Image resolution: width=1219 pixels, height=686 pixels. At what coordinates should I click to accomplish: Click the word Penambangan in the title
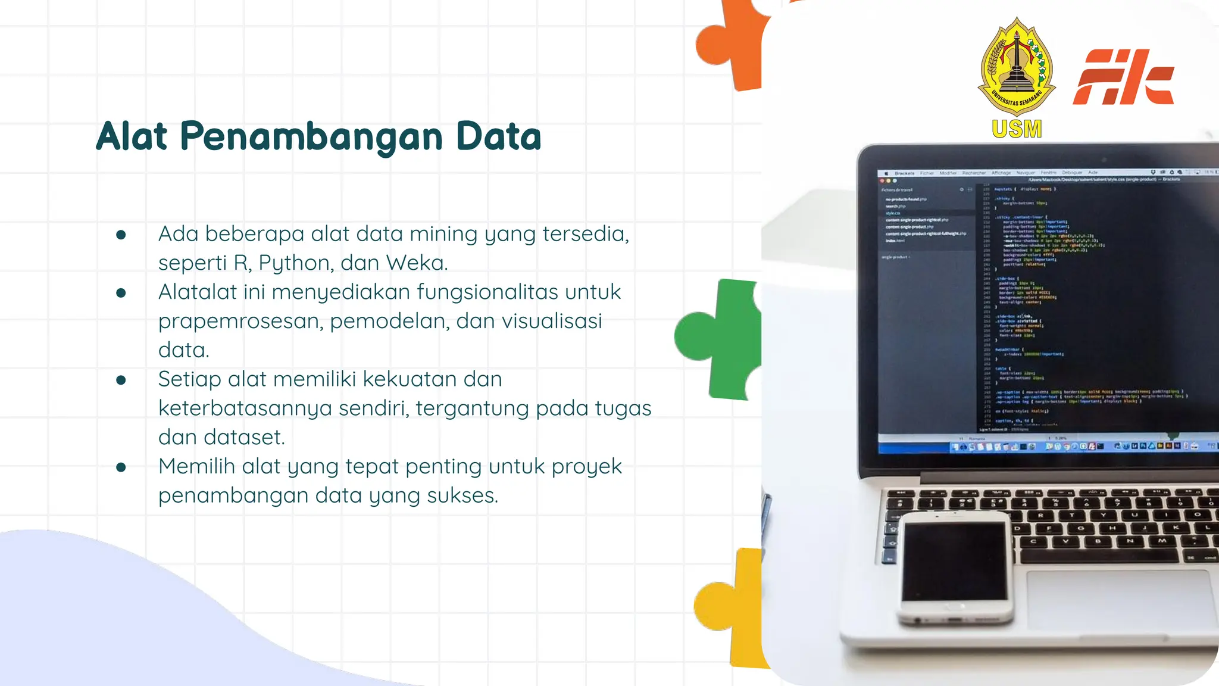click(311, 137)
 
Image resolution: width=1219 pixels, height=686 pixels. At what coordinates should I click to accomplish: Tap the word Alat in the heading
click(132, 137)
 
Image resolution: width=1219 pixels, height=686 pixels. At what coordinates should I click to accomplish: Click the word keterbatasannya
click(245, 409)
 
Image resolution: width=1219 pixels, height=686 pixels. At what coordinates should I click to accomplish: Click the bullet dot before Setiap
click(121, 380)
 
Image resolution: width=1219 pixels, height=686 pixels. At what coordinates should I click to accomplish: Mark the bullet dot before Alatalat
click(121, 292)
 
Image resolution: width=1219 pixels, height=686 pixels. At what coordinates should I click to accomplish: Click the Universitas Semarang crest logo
click(1017, 67)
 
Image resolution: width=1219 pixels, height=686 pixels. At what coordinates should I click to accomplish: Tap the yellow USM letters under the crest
click(1017, 129)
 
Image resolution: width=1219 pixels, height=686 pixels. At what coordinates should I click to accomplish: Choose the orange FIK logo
click(1123, 77)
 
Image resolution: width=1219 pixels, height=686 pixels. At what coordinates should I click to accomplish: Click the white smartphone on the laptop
click(955, 569)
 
